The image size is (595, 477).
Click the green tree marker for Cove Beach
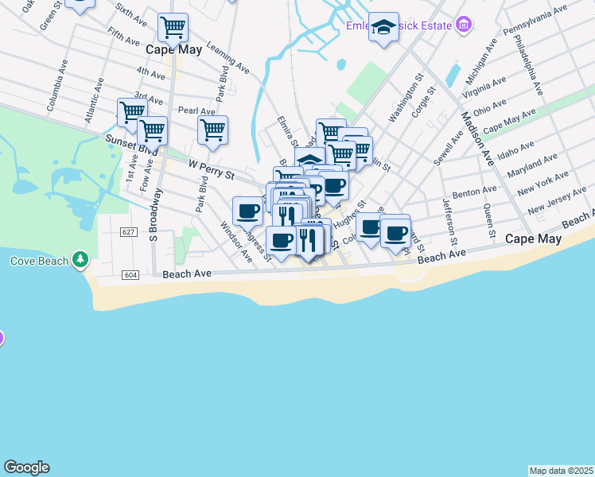[x=80, y=260]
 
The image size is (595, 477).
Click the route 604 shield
[x=131, y=274]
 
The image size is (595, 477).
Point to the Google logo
[x=26, y=467]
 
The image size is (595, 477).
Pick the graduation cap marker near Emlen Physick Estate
[x=384, y=29]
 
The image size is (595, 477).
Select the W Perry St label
[x=211, y=168]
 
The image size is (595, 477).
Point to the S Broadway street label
[x=156, y=215]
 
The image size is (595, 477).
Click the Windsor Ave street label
[x=236, y=243]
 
